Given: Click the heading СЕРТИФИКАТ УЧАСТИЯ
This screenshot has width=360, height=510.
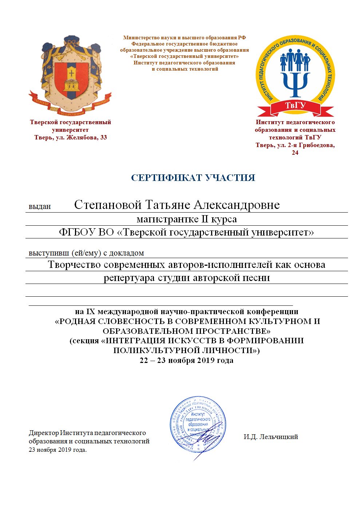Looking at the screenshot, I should pos(193,178).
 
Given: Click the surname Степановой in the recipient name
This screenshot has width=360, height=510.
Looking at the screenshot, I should pos(107,205).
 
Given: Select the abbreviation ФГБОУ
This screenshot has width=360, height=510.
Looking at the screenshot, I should pos(77,232).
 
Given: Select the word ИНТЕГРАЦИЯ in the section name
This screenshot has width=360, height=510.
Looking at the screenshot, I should pos(135,341).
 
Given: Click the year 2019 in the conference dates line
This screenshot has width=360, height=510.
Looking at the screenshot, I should pos(206,360).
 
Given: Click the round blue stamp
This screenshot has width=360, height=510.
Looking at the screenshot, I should pos(198,424).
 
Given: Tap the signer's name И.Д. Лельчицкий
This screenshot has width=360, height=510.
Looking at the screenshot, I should pos(271,437).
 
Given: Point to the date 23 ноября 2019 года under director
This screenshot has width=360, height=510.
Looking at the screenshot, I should pos(58,450).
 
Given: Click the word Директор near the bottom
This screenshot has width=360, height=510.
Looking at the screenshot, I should pos(44,433).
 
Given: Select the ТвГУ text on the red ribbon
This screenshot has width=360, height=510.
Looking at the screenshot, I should pos(295,106).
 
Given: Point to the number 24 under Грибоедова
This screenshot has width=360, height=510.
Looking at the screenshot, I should pos(295,153).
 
